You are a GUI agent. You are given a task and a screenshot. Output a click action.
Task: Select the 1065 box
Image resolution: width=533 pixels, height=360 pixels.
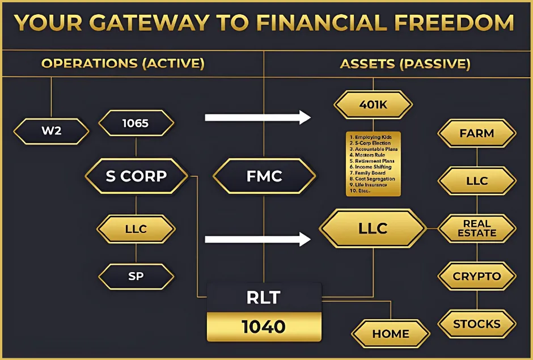[x=136, y=123]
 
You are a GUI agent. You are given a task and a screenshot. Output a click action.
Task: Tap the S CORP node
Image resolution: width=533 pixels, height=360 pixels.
[x=136, y=176]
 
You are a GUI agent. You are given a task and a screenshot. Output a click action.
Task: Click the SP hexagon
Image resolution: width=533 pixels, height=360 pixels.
[x=136, y=277]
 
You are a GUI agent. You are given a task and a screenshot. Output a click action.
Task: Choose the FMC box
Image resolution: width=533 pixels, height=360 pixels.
[x=264, y=176]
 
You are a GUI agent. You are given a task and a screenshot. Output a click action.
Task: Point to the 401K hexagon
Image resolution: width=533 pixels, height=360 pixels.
[x=373, y=104]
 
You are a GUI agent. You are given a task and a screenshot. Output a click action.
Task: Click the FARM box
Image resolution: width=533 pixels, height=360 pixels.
[x=477, y=134]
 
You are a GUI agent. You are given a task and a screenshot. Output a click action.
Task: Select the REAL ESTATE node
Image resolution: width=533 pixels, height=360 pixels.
[x=477, y=228]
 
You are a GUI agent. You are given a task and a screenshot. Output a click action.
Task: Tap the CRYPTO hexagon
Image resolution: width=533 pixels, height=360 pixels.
[x=477, y=277]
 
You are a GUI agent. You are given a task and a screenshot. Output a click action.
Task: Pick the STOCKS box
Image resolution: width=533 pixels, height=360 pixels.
[x=477, y=324]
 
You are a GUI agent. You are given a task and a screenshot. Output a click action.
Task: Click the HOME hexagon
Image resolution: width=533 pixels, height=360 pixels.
[x=391, y=334]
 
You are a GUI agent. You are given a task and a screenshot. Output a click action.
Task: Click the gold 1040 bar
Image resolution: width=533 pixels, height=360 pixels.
[x=264, y=327]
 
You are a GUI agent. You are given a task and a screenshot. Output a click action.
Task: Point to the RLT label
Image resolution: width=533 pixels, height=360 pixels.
[x=264, y=297]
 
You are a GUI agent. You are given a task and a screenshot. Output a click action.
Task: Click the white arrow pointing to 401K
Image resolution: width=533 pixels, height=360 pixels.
[x=257, y=117]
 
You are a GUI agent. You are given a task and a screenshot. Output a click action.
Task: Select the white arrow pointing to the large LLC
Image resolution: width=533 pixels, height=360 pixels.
[x=257, y=239]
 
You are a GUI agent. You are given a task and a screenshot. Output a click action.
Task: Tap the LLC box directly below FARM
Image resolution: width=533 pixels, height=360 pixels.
[x=477, y=181]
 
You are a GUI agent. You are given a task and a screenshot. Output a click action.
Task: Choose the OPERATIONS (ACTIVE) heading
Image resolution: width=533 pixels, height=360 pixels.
[x=122, y=63]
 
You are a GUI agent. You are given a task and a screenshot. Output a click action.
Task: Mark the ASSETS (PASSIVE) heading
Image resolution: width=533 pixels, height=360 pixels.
[x=405, y=63]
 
